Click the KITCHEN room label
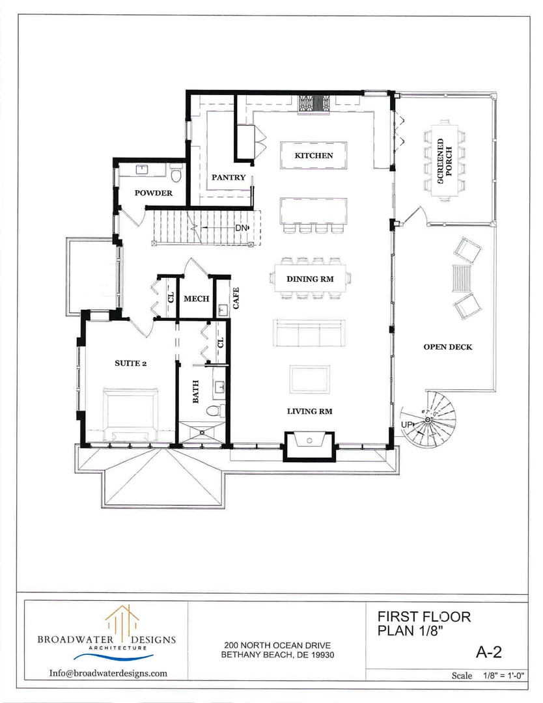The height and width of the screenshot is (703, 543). pos(314,156)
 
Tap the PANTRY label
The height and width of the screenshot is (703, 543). pos(229,177)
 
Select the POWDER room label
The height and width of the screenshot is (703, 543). pos(154,193)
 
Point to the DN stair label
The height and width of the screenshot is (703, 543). pos(242,228)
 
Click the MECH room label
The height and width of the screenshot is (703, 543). pos(197,299)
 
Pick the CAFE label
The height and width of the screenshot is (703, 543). pos(236,298)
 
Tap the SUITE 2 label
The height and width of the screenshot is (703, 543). pos(130,363)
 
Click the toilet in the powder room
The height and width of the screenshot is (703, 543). pos(176,173)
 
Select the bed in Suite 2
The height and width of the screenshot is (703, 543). pos(130,414)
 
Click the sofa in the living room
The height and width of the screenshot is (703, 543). pos(309,333)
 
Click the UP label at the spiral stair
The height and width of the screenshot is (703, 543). pos(406,424)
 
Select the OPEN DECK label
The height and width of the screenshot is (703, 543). pos(448,346)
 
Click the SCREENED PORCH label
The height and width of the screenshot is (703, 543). pos(445,161)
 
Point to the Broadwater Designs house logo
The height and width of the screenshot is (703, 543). pos(122,619)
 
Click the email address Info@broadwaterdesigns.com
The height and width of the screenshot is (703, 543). pos(108,673)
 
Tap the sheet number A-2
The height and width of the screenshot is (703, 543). pos(488,652)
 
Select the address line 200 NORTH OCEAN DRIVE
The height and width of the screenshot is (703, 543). pos(277,646)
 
